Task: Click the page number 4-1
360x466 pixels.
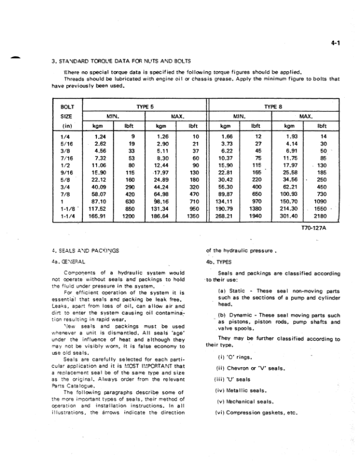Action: (336, 42)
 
